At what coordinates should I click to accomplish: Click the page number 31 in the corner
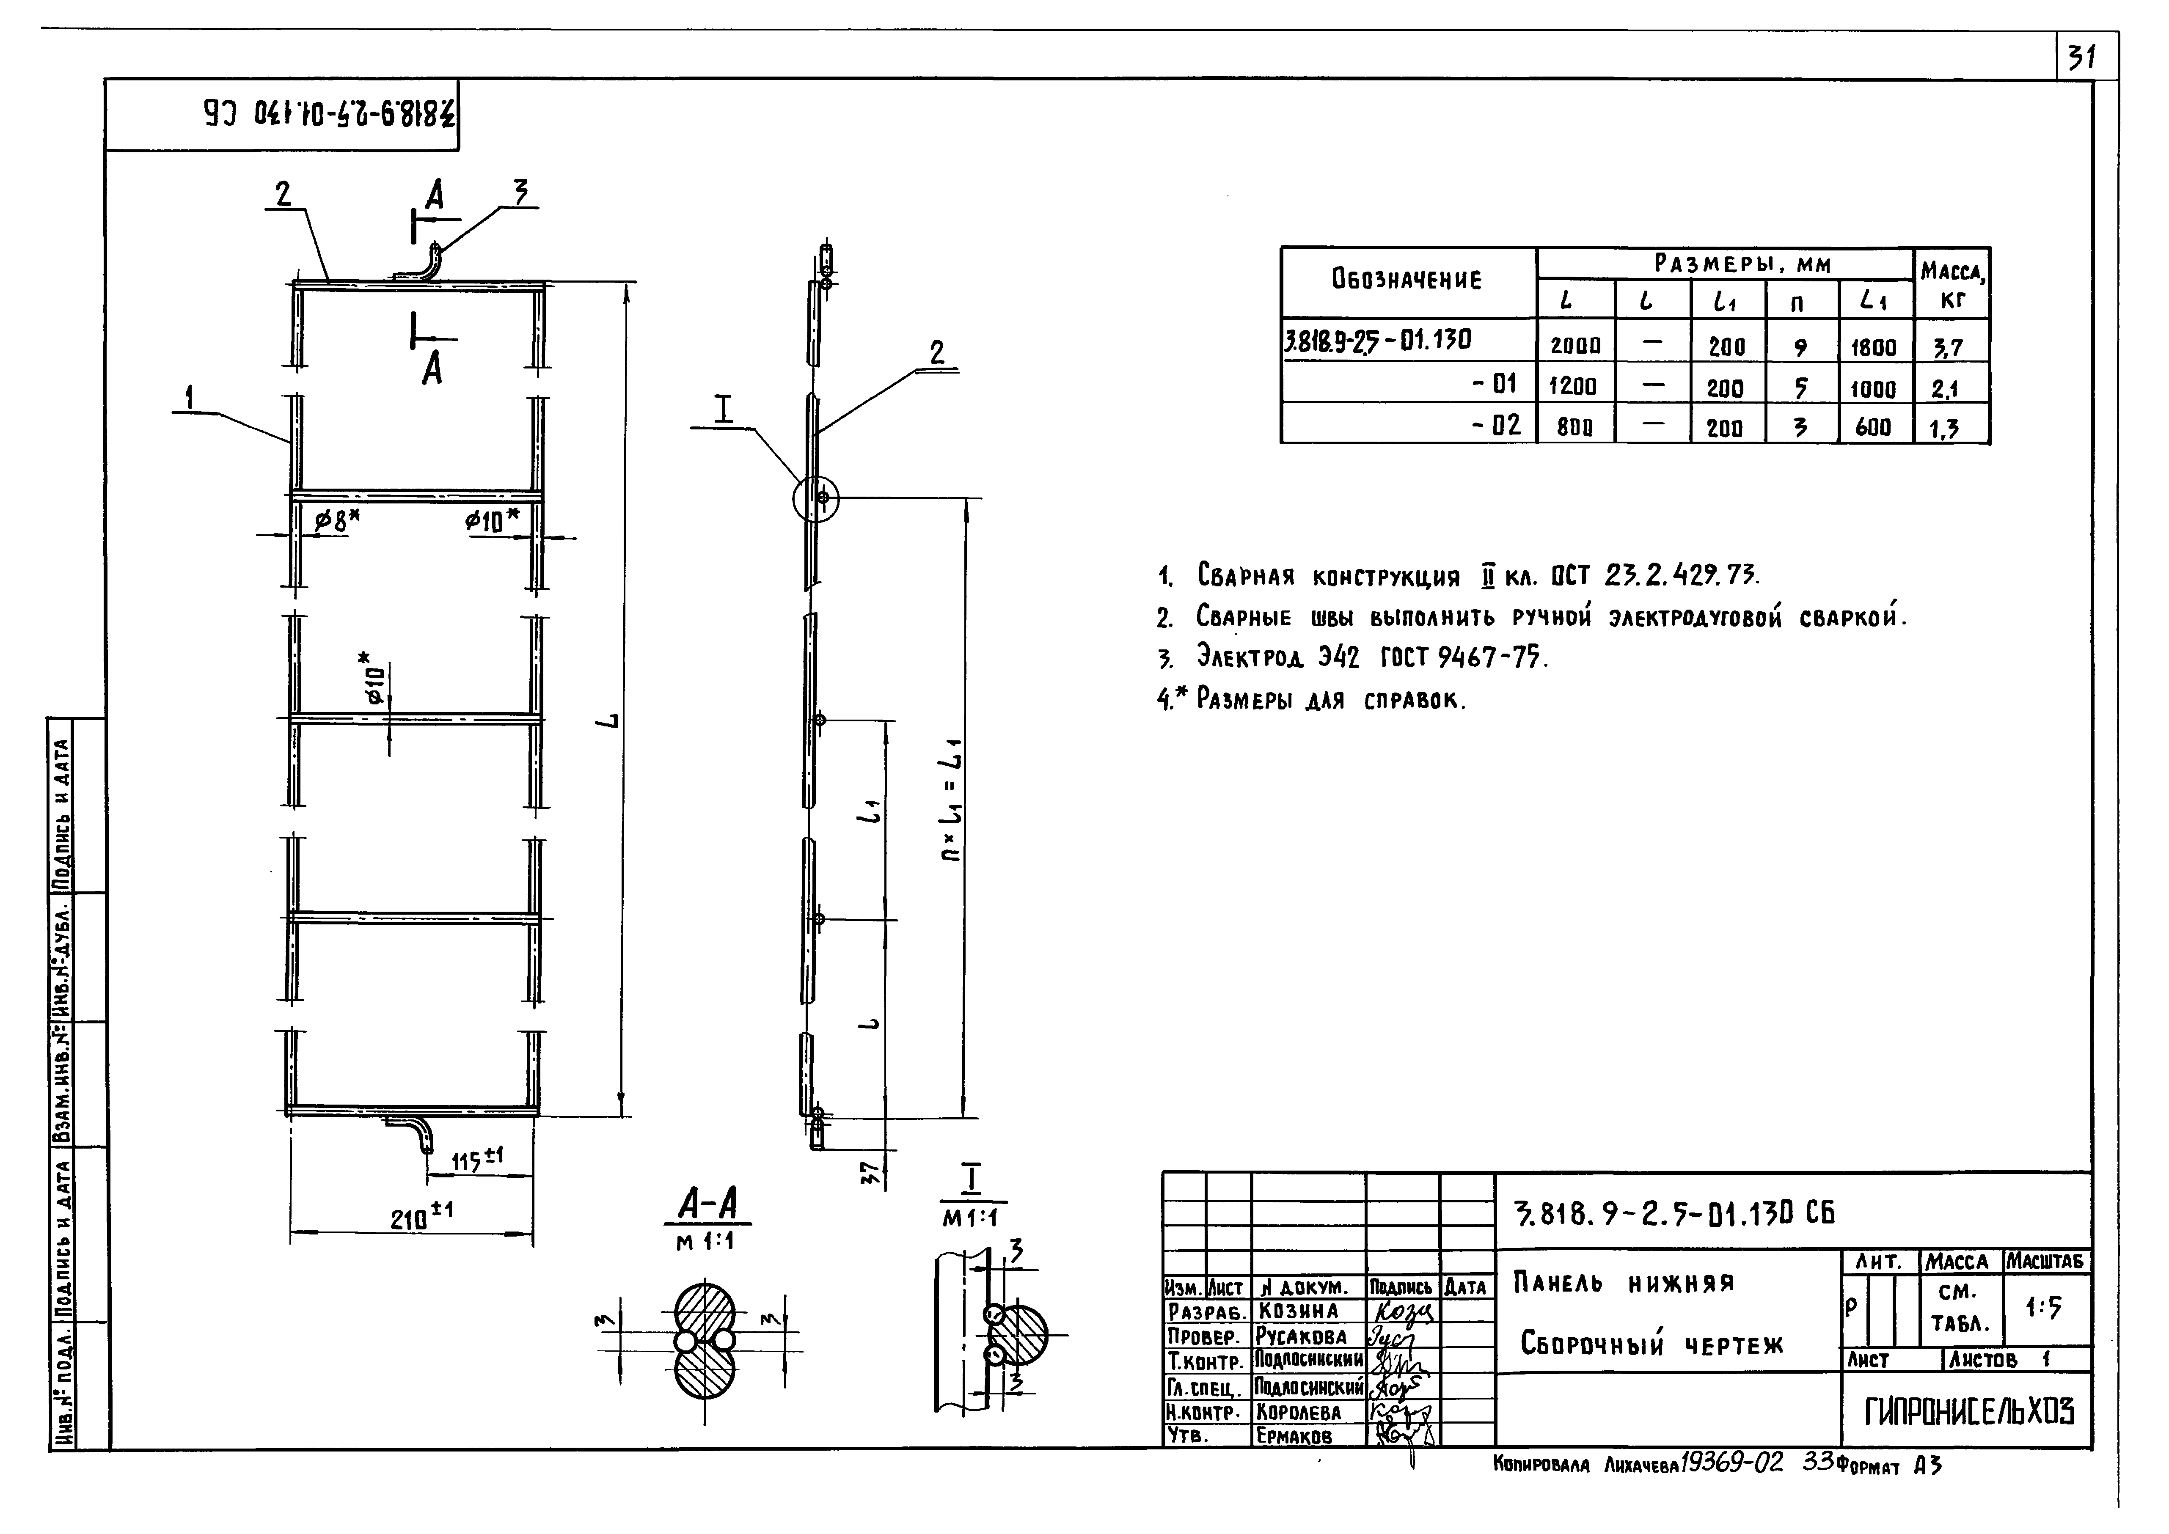2081,58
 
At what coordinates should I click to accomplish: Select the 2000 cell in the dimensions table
1575,346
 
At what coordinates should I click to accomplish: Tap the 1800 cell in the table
1873,346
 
